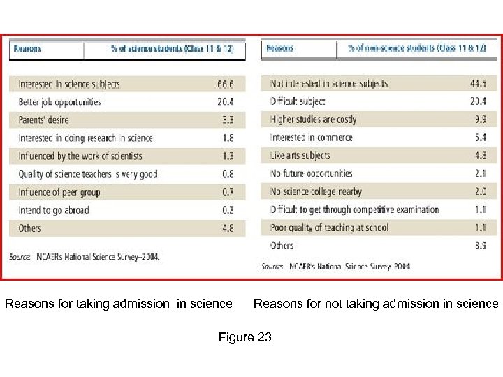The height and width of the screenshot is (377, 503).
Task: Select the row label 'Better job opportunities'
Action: (59, 103)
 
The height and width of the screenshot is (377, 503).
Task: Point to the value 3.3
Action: (227, 120)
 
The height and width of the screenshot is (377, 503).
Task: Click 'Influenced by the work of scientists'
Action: (80, 156)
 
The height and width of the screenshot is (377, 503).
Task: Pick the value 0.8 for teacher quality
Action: (227, 175)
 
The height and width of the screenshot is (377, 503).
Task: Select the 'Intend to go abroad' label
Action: (54, 210)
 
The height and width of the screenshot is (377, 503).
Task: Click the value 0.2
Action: (227, 210)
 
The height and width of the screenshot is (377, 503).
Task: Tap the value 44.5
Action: (479, 84)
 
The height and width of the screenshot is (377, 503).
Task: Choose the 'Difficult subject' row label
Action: (298, 102)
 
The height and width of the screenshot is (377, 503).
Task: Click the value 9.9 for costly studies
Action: (481, 119)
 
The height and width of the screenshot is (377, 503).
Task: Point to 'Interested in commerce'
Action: (311, 138)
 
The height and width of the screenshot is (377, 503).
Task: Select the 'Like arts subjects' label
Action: (300, 156)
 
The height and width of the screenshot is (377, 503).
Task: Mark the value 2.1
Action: (481, 174)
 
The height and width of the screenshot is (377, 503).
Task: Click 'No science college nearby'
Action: (316, 191)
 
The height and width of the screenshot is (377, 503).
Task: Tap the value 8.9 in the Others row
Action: (481, 245)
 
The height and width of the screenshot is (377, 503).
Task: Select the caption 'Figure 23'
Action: (245, 338)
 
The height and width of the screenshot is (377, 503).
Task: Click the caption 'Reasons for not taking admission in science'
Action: (376, 304)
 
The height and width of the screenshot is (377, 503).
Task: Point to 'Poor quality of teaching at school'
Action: (329, 227)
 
